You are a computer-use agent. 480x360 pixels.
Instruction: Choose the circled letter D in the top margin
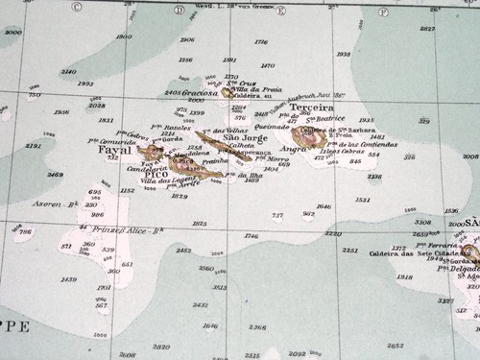pyautogui.click(x=180, y=10)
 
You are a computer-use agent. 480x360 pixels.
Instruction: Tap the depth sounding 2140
pyautogui.click(x=68, y=72)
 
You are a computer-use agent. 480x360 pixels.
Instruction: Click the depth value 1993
pyautogui.click(x=86, y=84)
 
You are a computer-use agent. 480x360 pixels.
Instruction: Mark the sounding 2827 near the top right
pyautogui.click(x=427, y=29)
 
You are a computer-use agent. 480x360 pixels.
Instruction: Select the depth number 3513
pyautogui.click(x=219, y=286)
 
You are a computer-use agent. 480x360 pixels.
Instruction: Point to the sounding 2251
pyautogui.click(x=350, y=250)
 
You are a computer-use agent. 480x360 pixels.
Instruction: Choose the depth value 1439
pyautogui.click(x=68, y=279)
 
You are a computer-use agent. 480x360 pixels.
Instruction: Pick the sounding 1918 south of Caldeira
pyautogui.click(x=404, y=276)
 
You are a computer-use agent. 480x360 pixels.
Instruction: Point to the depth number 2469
pyautogui.click(x=55, y=175)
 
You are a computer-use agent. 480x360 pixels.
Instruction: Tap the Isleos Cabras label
pyautogui.click(x=342, y=152)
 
